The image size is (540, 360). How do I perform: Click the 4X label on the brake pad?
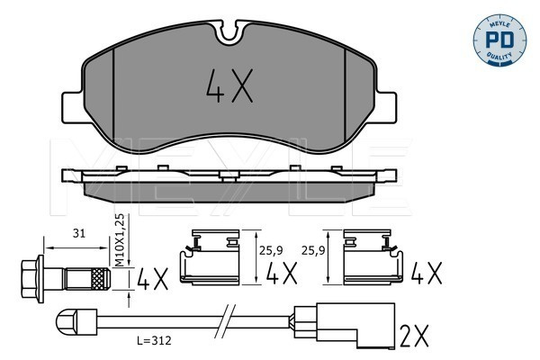coord(229,85)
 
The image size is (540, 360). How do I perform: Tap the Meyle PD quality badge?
coord(499,40)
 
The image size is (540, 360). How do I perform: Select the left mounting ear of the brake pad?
coord(72,107)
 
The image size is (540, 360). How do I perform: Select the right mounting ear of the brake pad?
coord(387,107)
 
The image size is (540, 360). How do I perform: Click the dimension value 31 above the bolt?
coord(79,233)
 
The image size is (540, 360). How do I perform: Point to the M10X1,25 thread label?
coord(119,239)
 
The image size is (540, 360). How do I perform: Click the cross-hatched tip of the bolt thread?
coord(101,279)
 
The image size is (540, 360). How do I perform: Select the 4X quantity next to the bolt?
coord(153,279)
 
